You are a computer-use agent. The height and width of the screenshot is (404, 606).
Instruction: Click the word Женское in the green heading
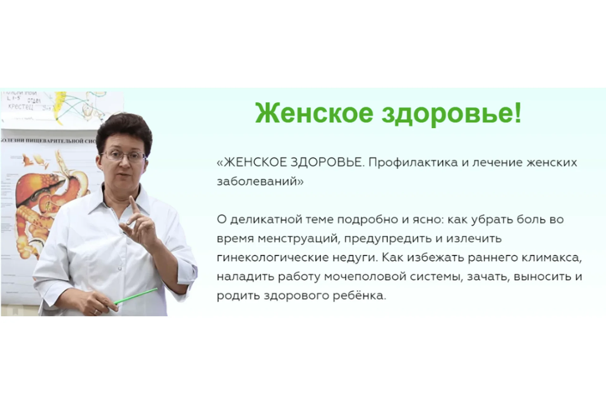coord(314,113)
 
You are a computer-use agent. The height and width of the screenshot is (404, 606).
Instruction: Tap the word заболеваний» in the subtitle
coord(260,181)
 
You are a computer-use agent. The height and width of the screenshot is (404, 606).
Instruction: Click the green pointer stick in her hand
coord(136,296)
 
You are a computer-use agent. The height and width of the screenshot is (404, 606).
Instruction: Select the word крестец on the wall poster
coord(21,106)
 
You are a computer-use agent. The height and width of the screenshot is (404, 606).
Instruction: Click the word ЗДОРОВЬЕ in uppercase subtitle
coord(326,163)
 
